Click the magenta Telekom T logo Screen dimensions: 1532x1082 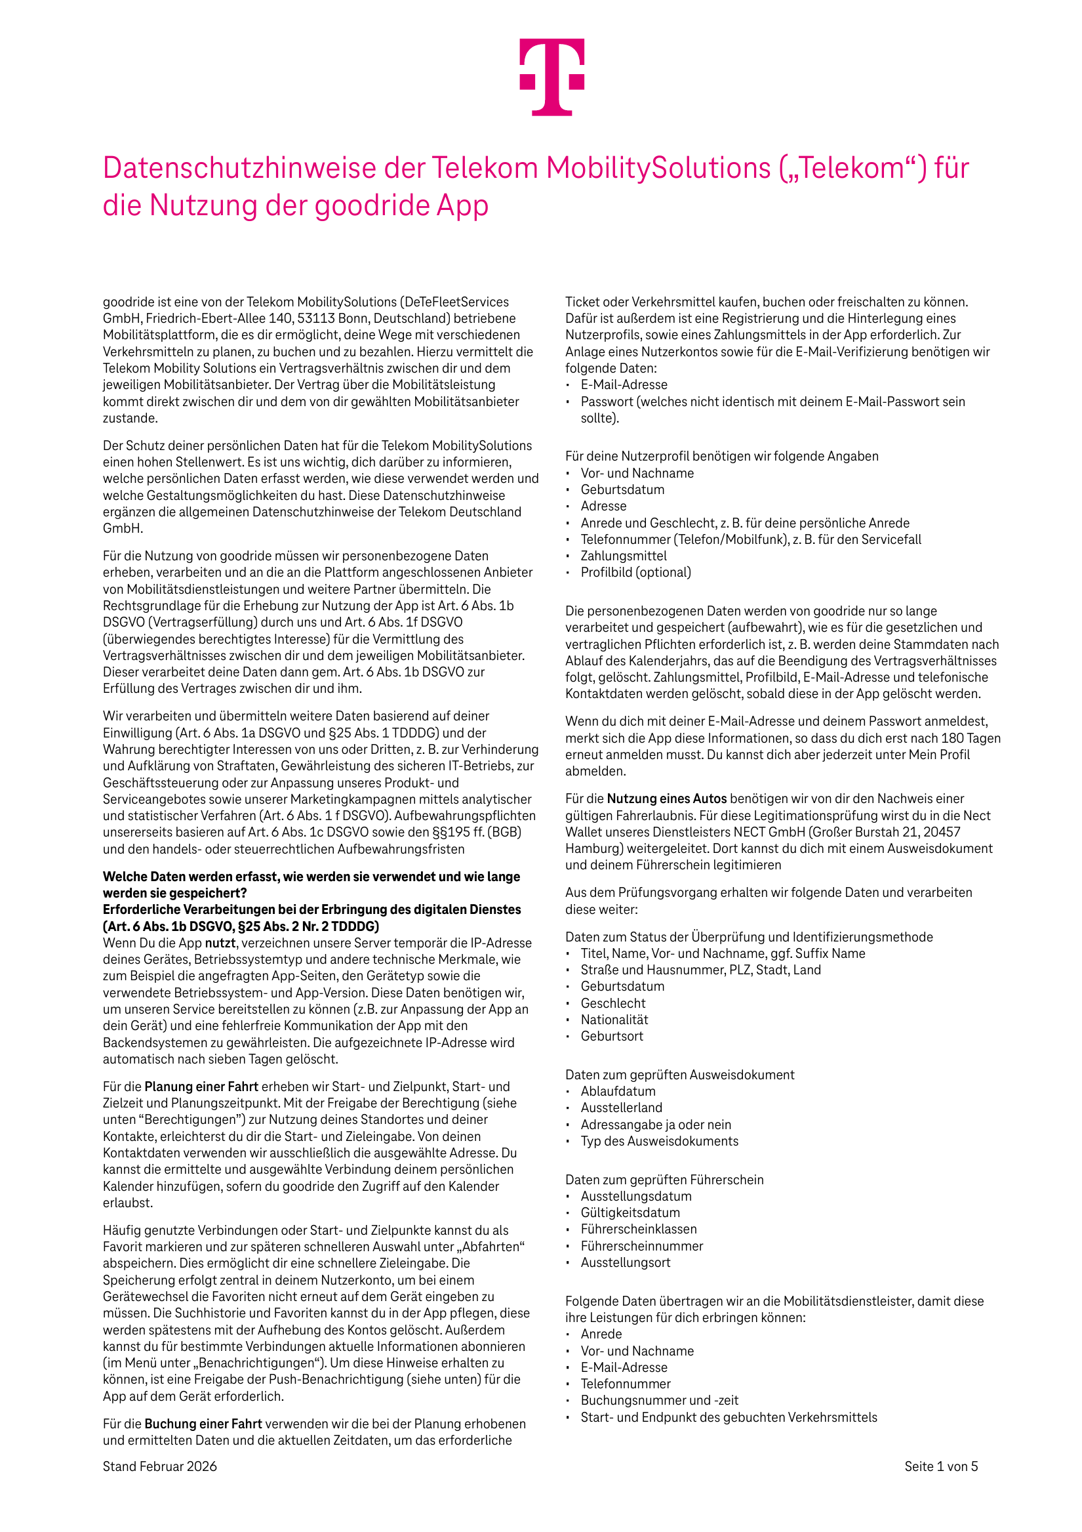coord(552,77)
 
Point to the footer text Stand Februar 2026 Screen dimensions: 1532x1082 coord(159,1466)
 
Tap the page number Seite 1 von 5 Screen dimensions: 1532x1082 coord(940,1466)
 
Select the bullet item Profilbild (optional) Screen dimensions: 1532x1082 coord(635,573)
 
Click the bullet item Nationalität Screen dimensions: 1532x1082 coord(614,1020)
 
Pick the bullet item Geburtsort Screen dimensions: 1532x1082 coord(612,1036)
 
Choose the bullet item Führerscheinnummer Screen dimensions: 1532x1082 coord(642,1246)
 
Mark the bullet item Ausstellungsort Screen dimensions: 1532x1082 coord(625,1262)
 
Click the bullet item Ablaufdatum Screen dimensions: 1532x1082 coord(618,1091)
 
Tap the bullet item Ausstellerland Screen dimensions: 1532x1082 coord(621,1108)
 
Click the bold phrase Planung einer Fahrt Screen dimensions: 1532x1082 coord(201,1087)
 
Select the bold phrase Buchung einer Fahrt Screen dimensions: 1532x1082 coord(203,1424)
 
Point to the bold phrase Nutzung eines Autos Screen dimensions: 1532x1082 coord(666,798)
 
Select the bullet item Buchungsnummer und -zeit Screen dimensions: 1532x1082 coord(659,1400)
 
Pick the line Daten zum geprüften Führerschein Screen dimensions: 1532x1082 coord(664,1180)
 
